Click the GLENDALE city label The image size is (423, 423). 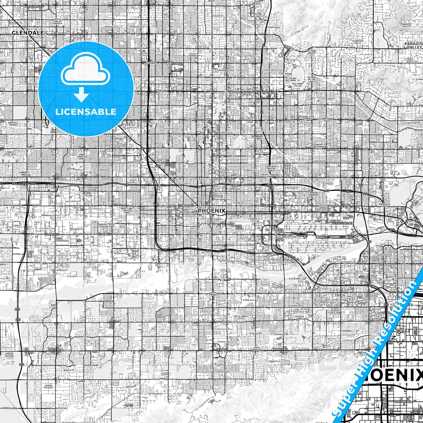point(28,33)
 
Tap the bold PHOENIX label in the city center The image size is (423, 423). point(211,211)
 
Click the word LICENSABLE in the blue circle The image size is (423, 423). point(86,112)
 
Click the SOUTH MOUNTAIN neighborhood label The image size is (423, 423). point(257,349)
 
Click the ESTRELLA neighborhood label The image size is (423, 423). point(18,254)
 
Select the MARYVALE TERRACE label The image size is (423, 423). point(13,124)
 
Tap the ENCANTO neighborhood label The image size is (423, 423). point(210,148)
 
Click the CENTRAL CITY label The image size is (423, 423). point(253,220)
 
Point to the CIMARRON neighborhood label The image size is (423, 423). point(346,331)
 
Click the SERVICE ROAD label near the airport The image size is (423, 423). point(342,223)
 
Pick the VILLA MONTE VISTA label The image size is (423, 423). point(241,317)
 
